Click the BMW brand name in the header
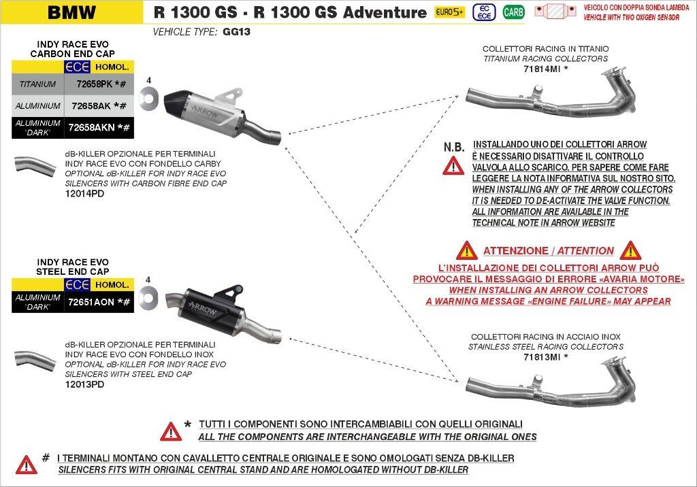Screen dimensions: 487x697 point(71,12)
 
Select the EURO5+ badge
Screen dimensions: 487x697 point(449,12)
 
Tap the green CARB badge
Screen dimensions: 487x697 point(513,12)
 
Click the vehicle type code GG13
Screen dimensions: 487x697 point(237,31)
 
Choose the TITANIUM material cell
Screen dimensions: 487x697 point(38,84)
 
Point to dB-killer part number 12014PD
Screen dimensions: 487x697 point(84,193)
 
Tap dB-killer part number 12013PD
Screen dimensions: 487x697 point(84,384)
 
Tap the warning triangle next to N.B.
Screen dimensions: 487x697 point(453,165)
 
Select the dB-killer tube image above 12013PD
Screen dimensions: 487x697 point(35,360)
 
